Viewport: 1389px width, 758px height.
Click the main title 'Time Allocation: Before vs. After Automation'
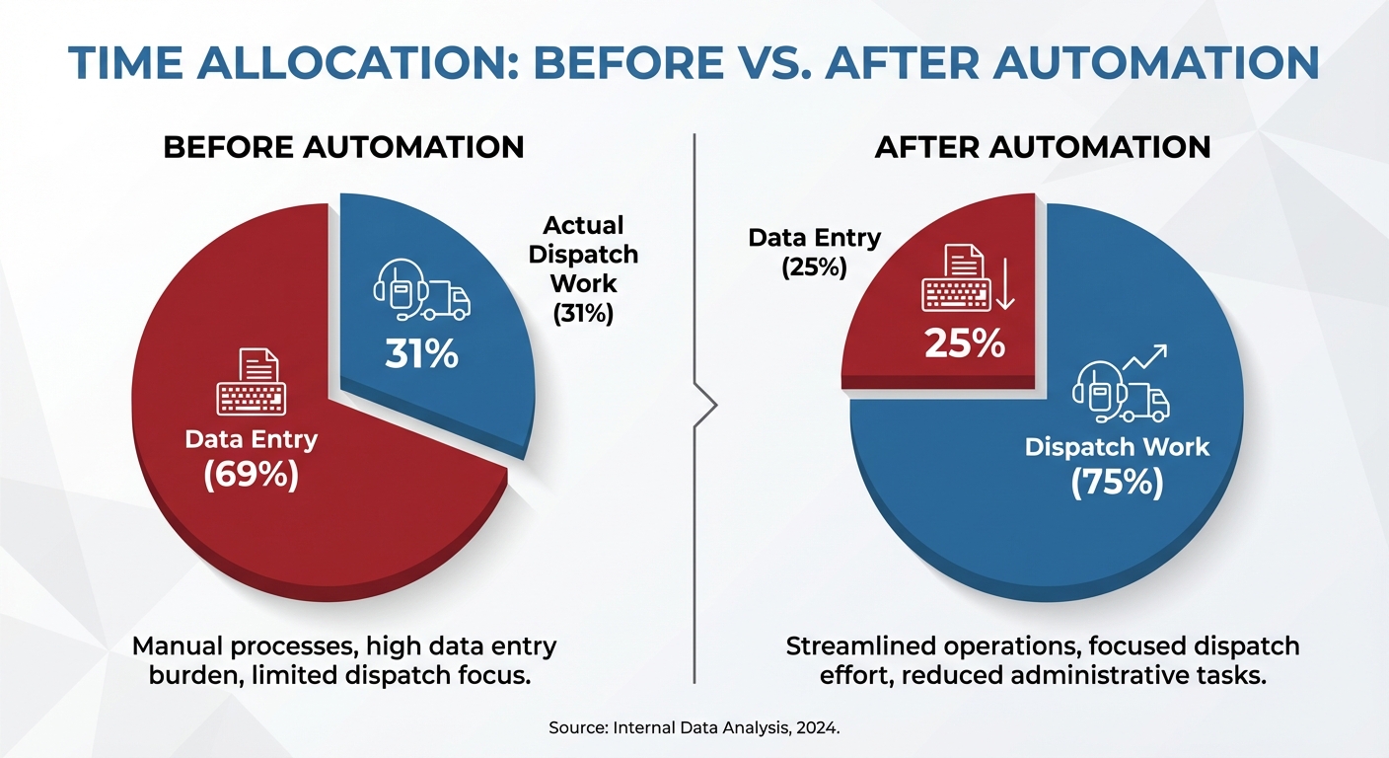pyautogui.click(x=694, y=62)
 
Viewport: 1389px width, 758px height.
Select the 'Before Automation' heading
pyautogui.click(x=343, y=147)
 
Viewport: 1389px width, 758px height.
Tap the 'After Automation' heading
pyautogui.click(x=1043, y=147)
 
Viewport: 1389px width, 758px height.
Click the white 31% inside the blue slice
pyautogui.click(x=421, y=353)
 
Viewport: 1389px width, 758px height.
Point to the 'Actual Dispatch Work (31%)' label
pyautogui.click(x=583, y=269)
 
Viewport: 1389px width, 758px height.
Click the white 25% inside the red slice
pyautogui.click(x=965, y=342)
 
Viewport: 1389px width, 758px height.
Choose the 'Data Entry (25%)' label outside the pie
pyautogui.click(x=814, y=252)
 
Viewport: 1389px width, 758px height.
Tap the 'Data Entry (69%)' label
pyautogui.click(x=251, y=457)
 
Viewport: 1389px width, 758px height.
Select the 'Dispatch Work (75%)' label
pyautogui.click(x=1117, y=464)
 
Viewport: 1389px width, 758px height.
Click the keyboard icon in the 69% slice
pyautogui.click(x=251, y=384)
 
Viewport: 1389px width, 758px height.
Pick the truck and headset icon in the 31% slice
pyautogui.click(x=421, y=289)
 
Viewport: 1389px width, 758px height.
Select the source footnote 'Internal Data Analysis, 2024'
pyautogui.click(x=694, y=728)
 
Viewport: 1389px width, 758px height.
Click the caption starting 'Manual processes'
pyautogui.click(x=344, y=661)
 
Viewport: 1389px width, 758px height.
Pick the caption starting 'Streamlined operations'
pyautogui.click(x=1043, y=661)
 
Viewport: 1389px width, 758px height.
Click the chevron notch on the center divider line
pyautogui.click(x=706, y=406)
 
